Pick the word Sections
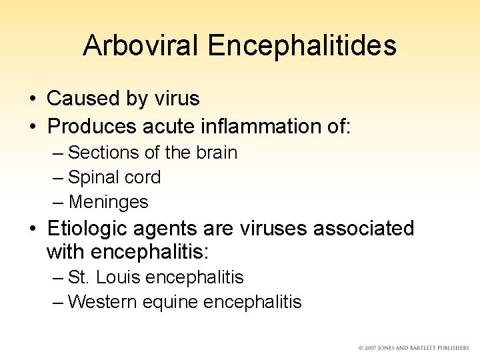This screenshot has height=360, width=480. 103,153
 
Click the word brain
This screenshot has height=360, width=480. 217,153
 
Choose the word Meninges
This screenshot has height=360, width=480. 108,202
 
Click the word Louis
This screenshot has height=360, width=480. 116,277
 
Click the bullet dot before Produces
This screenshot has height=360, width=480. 32,125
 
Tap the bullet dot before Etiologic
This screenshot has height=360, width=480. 32,229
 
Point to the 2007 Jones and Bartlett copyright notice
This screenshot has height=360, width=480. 413,348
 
